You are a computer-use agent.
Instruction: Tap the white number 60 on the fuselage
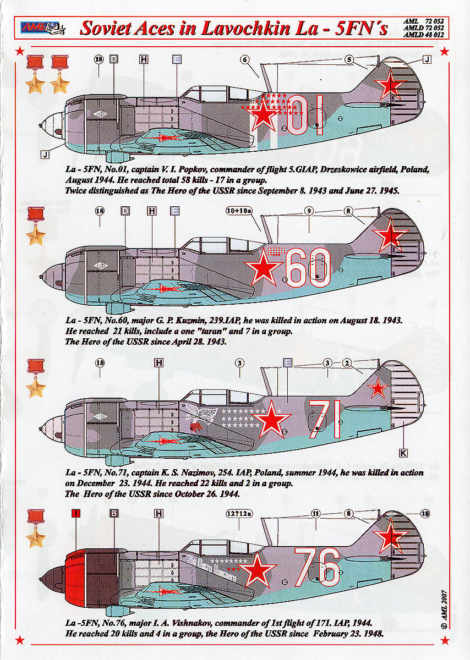(309, 268)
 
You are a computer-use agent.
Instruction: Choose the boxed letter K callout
(403, 452)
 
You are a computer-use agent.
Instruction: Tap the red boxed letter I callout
(76, 514)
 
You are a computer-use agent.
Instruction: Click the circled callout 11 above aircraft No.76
(315, 514)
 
